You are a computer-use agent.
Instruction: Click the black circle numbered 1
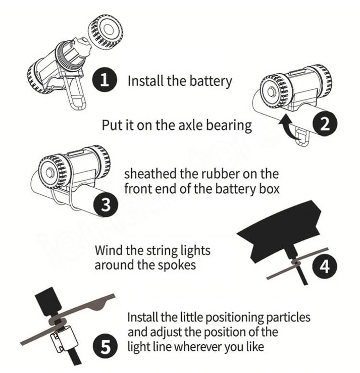[105, 80]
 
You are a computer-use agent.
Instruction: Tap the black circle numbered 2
[325, 124]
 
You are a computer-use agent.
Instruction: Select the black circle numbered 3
[106, 205]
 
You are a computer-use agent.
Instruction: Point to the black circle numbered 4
[325, 266]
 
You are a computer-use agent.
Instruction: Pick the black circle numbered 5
[105, 346]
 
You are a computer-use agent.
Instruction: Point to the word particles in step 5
[288, 317]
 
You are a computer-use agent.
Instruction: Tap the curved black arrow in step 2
[290, 127]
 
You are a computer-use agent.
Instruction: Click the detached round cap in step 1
[106, 32]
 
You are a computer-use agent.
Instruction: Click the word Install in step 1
[145, 81]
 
